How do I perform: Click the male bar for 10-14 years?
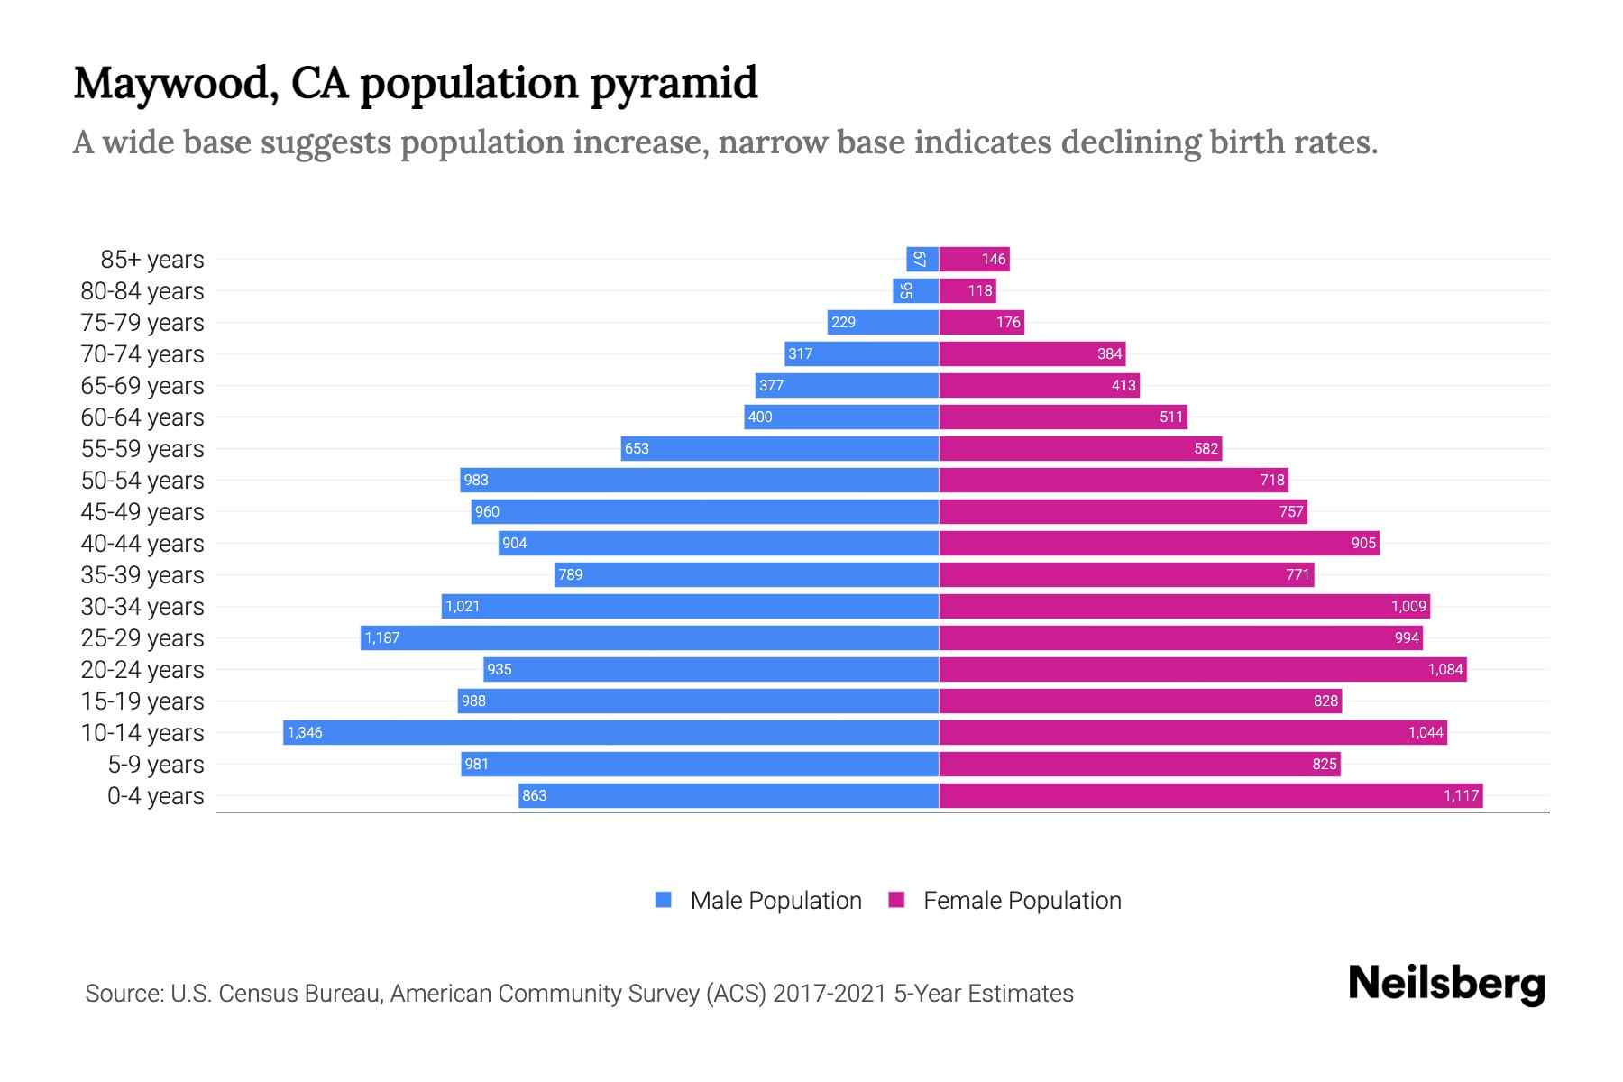coord(610,732)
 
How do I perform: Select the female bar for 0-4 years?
coord(1210,795)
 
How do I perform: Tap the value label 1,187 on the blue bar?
coord(382,638)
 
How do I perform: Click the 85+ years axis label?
coord(152,260)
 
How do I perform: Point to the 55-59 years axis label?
coord(142,449)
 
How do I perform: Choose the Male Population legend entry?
coord(775,901)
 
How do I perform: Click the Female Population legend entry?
coord(1022,901)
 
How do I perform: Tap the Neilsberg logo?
coord(1446,984)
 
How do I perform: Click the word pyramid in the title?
coord(674,83)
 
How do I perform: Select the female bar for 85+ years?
coord(974,260)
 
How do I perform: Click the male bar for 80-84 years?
coord(916,291)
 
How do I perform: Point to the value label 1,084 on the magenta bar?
coord(1444,670)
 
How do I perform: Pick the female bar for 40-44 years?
coord(1159,543)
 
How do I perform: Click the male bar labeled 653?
coord(779,448)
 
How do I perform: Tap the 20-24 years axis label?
coord(142,670)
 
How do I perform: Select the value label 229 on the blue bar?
coord(843,323)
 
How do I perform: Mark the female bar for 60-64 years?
coord(1063,417)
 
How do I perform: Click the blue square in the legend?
coord(664,900)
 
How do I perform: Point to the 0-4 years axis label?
coord(155,796)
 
